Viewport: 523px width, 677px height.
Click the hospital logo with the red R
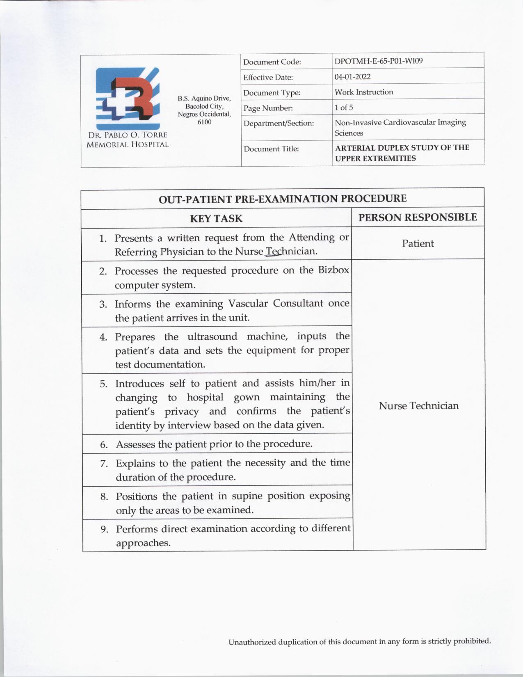127,98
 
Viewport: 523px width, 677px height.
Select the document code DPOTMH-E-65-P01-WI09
379,61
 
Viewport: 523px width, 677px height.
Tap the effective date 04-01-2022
352,77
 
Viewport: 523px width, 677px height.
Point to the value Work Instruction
363,92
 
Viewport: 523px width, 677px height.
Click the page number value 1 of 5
344,107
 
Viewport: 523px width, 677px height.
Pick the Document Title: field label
271,149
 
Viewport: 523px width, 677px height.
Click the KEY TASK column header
216,219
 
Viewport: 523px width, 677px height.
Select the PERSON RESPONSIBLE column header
418,217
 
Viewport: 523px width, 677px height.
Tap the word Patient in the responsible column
418,243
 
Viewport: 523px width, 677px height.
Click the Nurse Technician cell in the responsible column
418,406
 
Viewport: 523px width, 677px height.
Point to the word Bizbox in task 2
333,270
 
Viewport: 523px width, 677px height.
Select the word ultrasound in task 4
212,337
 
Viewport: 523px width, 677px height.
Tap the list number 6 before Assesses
104,445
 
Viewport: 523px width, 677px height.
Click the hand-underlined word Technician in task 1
292,251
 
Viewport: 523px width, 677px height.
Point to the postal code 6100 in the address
204,122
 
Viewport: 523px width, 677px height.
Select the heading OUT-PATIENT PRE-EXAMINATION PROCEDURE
283,199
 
